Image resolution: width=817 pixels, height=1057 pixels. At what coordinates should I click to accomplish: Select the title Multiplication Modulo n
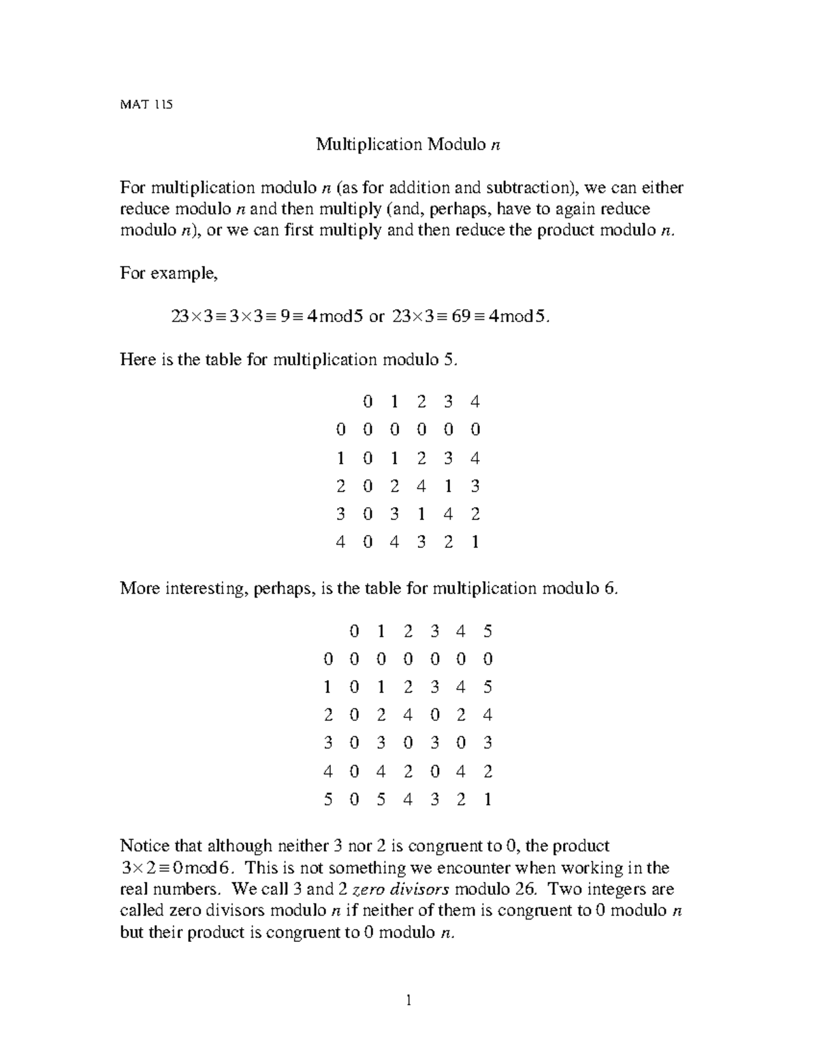[408, 144]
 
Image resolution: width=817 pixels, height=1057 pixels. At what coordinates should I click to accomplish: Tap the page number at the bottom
[408, 1000]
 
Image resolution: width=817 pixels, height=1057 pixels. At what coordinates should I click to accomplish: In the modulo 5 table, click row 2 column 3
[448, 486]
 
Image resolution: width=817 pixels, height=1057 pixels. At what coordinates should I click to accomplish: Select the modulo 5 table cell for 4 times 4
[475, 542]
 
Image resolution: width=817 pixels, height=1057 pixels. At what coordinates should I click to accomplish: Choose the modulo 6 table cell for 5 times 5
[487, 800]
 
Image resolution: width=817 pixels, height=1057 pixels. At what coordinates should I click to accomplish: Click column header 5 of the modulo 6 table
[487, 632]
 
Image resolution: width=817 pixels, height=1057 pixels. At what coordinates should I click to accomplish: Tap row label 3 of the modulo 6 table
[328, 743]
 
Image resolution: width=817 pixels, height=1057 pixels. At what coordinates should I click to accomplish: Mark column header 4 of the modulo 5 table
[475, 402]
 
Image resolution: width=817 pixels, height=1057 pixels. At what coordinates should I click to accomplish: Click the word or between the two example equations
[377, 316]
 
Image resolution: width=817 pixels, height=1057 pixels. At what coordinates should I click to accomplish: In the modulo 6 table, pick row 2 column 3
[434, 715]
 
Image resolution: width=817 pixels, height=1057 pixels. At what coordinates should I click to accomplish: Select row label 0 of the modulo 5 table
[341, 429]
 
